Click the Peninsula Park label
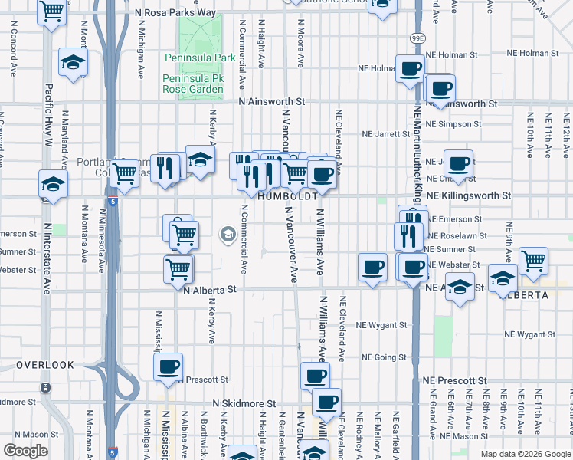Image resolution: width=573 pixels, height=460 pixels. [200, 58]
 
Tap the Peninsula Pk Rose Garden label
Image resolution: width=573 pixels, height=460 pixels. [192, 84]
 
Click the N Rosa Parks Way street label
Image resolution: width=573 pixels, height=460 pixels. [175, 13]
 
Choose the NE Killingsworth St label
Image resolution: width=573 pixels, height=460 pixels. [468, 196]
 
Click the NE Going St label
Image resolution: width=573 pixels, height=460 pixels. [383, 358]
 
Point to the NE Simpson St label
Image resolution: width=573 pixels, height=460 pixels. [451, 124]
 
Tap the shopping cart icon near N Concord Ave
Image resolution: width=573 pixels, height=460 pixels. [51, 12]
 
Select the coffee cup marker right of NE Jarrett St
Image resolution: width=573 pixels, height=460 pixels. [459, 163]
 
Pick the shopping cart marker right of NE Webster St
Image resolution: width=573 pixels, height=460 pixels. [533, 260]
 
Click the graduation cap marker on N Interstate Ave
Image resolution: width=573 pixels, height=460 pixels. [53, 184]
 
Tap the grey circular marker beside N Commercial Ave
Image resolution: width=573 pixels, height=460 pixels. [228, 235]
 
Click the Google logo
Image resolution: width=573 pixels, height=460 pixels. [25, 451]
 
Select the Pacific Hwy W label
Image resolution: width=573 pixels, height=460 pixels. [48, 115]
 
